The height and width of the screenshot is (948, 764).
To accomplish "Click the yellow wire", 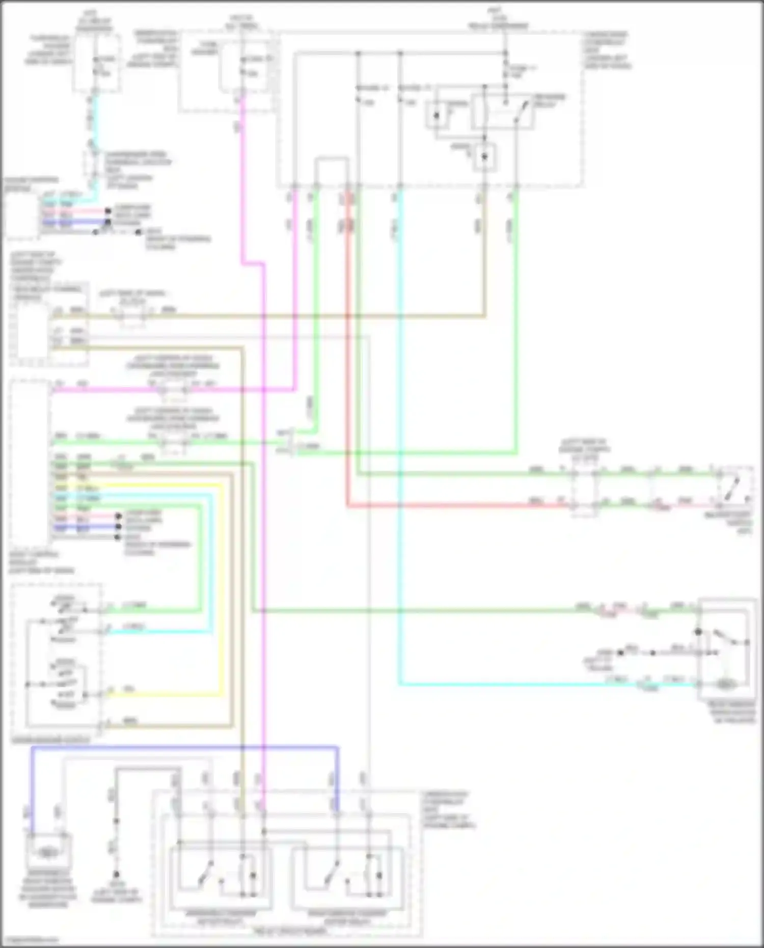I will [222, 586].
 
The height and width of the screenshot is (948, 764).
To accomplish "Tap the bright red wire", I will [348, 357].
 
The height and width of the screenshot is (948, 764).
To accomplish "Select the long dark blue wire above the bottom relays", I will [183, 748].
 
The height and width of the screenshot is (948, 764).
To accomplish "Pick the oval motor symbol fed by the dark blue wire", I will [47, 851].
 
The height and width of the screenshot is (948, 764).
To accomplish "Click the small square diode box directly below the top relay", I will [484, 157].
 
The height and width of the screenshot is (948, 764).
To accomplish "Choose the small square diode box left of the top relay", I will [436, 115].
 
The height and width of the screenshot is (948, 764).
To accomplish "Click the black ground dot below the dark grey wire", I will [116, 874].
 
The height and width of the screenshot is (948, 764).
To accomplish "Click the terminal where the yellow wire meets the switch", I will [101, 694].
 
